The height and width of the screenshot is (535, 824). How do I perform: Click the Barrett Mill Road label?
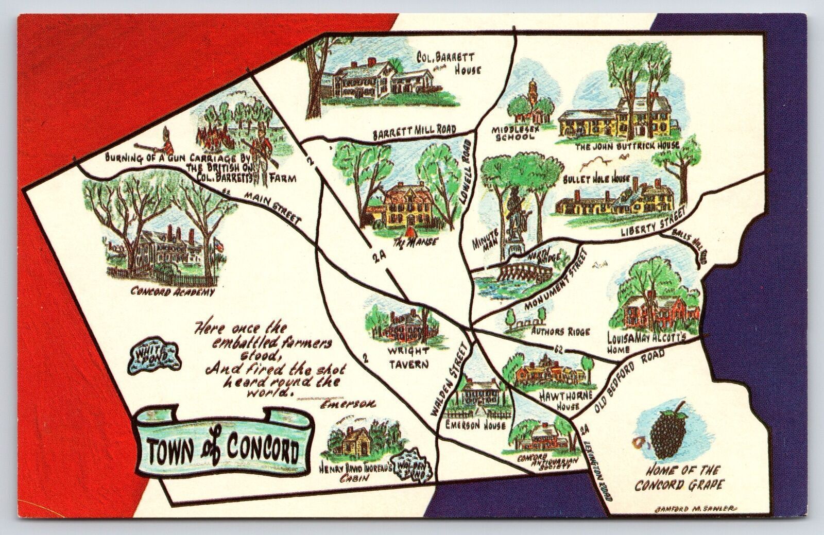(x=415, y=132)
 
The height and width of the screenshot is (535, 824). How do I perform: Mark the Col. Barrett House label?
(x=454, y=61)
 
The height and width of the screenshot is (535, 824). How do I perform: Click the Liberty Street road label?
(x=654, y=220)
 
